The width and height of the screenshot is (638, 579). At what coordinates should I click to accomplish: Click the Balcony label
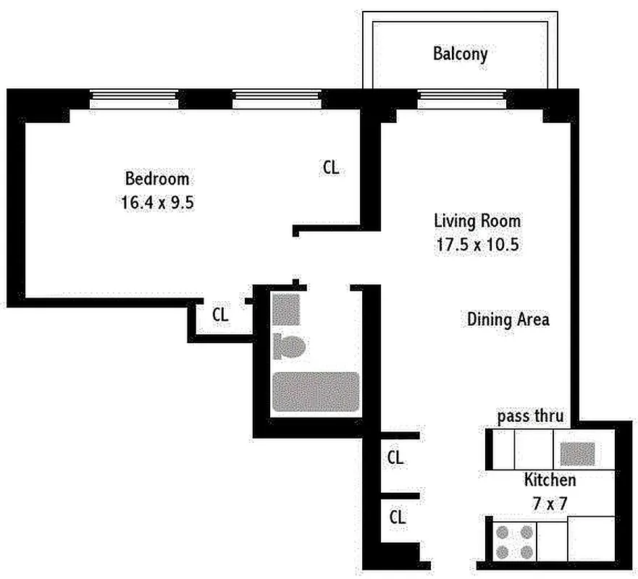coord(460,54)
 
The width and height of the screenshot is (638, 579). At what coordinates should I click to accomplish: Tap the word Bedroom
coord(157,179)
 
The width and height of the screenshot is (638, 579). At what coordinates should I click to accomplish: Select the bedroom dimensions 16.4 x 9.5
coord(157,203)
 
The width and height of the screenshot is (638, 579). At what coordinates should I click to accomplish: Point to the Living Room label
coord(477,221)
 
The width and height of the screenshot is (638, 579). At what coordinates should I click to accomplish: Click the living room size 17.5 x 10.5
coord(477,245)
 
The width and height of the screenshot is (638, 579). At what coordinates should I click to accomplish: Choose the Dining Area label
coord(508,319)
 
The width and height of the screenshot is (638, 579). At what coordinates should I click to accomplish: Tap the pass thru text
coord(530,417)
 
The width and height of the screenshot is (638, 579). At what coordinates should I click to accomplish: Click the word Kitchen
coord(550,480)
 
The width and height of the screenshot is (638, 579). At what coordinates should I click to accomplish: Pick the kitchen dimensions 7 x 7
coord(550,504)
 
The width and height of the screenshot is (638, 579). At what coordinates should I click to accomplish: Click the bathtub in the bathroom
coord(315,392)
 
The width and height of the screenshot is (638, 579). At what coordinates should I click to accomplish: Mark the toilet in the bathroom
coord(290,347)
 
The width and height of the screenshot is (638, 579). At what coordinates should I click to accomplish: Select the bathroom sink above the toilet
coord(286,310)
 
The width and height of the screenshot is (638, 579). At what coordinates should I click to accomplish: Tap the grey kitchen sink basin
coord(578,454)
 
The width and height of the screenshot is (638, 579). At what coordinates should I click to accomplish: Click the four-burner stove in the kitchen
coord(514,542)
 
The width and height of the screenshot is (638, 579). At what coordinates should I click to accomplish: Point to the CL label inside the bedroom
coord(330,168)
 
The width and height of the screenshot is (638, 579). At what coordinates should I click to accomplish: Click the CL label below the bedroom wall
coord(220,315)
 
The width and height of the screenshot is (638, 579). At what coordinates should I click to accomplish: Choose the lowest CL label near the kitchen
coord(398,517)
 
